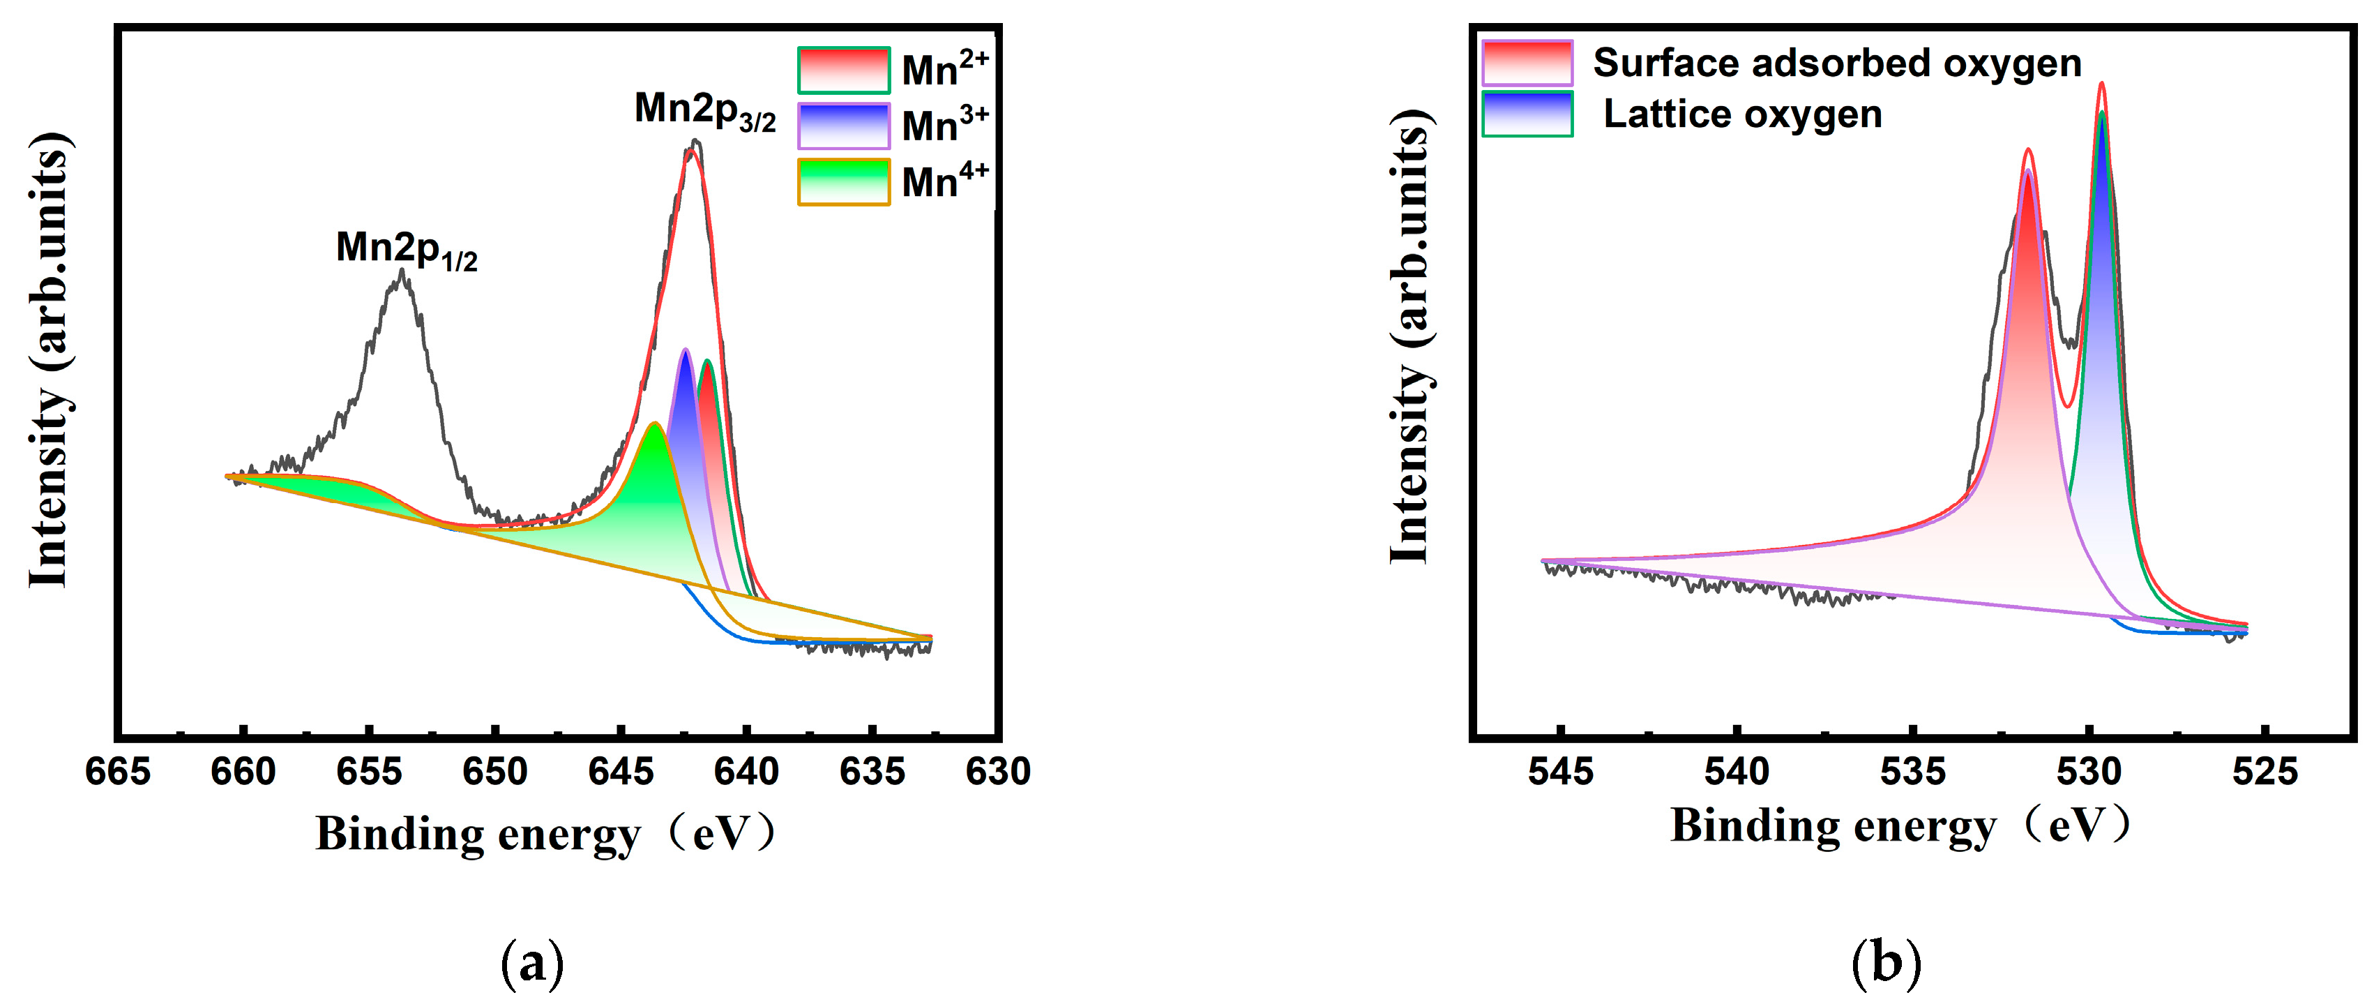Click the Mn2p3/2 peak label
click(705, 112)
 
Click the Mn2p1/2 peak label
click(407, 250)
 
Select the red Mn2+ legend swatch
click(843, 70)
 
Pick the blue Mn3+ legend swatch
click(843, 126)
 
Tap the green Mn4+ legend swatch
click(843, 181)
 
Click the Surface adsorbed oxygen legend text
click(1837, 63)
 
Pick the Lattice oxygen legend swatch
click(1527, 114)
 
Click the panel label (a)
click(531, 964)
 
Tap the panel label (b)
click(1886, 964)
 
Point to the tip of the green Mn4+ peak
click(654, 425)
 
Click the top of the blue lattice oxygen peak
click(2102, 115)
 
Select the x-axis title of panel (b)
click(1900, 825)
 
